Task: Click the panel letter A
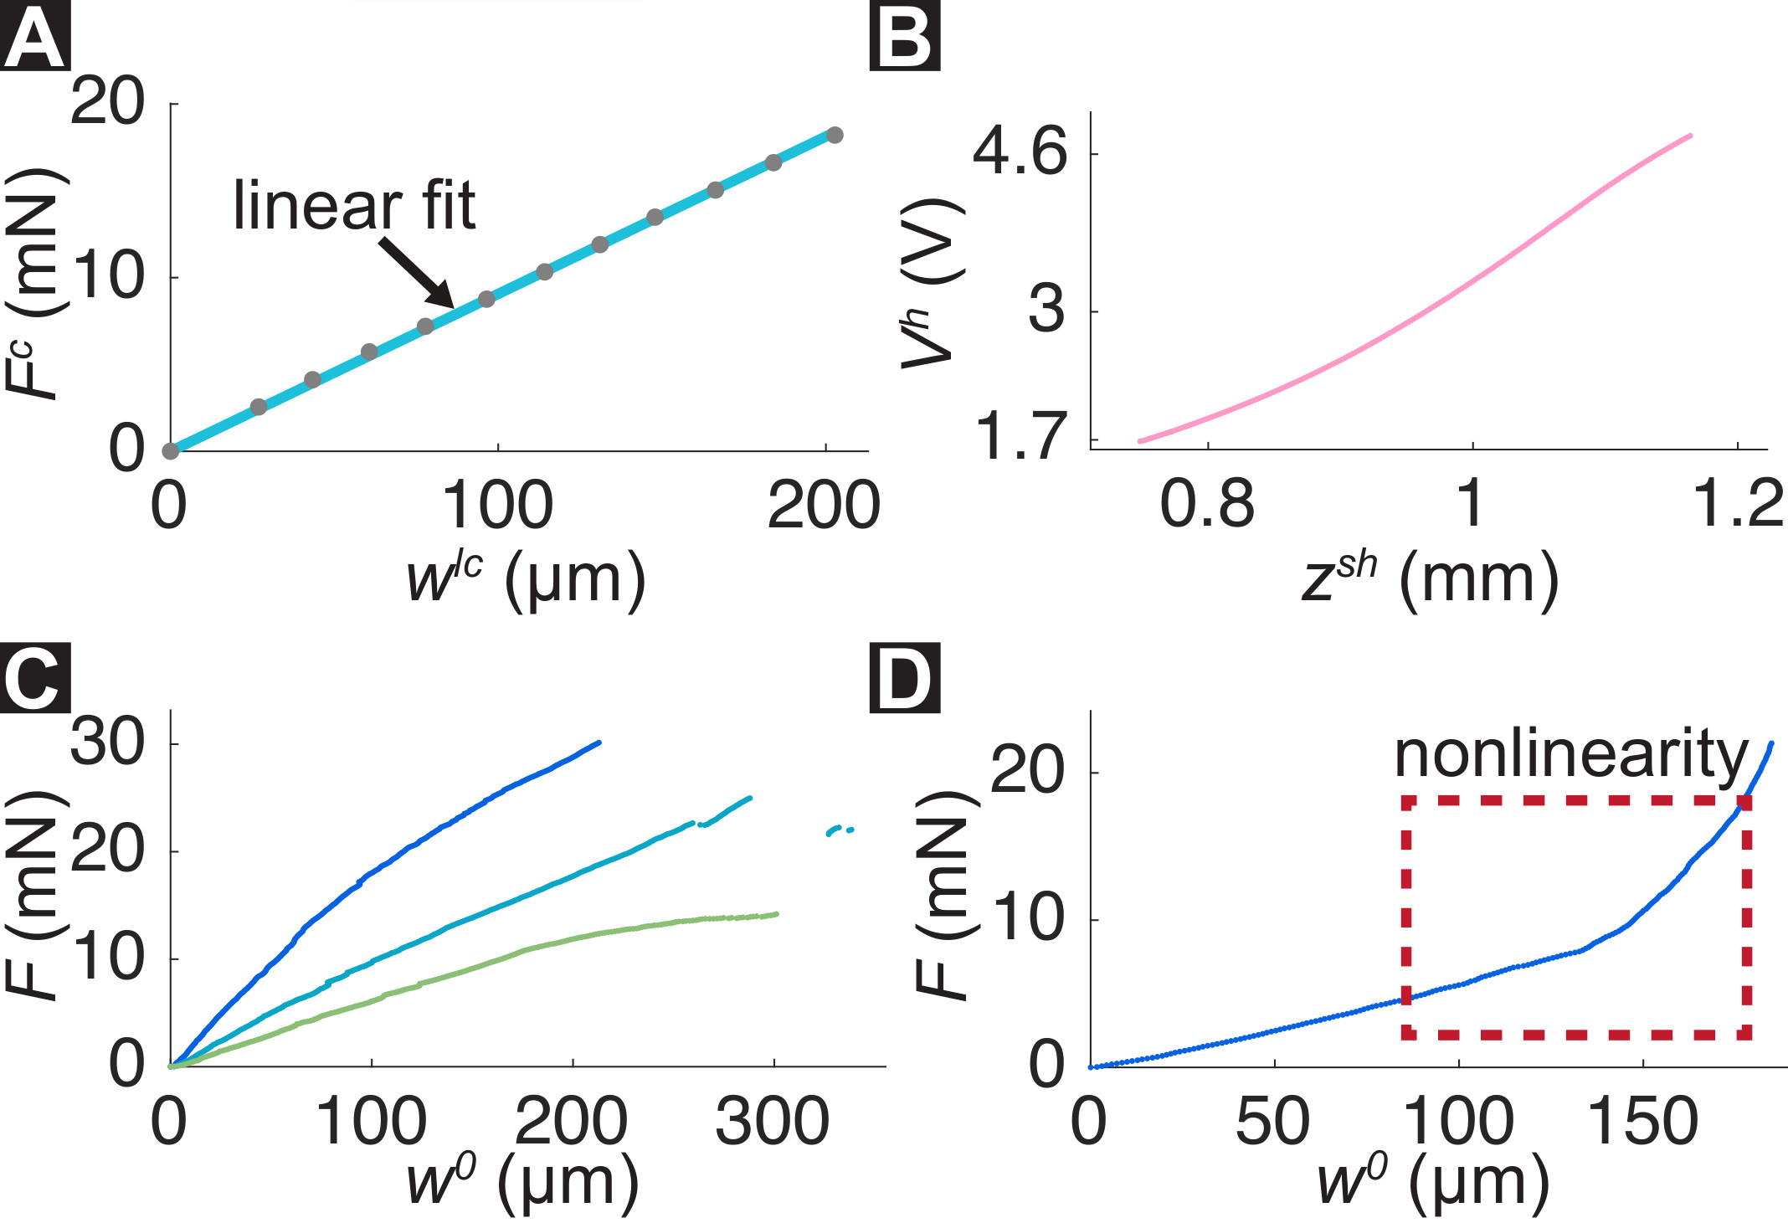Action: coord(34,38)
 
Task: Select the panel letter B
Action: coord(905,38)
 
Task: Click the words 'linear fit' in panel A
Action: coord(354,205)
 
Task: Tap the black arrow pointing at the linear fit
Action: coord(417,273)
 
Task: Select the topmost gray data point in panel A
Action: coord(834,135)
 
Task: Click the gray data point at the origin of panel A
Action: coord(171,451)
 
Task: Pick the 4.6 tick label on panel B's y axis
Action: coord(1020,152)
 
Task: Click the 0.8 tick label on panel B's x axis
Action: coord(1207,505)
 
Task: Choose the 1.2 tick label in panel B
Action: coord(1738,505)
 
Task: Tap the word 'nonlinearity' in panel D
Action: coord(1571,754)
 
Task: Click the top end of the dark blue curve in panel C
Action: coord(599,743)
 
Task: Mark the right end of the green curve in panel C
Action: coord(776,914)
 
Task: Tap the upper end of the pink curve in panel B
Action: coord(1690,136)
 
